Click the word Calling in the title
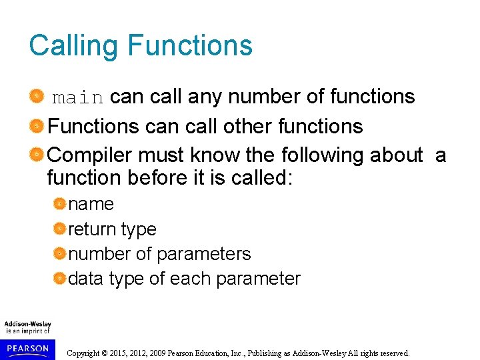pyautogui.click(x=73, y=46)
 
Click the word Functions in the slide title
pyautogui.click(x=190, y=46)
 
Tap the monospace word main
pyautogui.click(x=77, y=98)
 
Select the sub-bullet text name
pyautogui.click(x=91, y=204)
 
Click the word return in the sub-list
pyautogui.click(x=92, y=229)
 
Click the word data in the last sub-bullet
pyautogui.click(x=85, y=279)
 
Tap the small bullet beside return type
pyautogui.click(x=60, y=229)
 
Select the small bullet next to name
pyautogui.click(x=60, y=204)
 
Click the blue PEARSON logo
pyautogui.click(x=27, y=348)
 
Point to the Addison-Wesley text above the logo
pyautogui.click(x=27, y=324)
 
